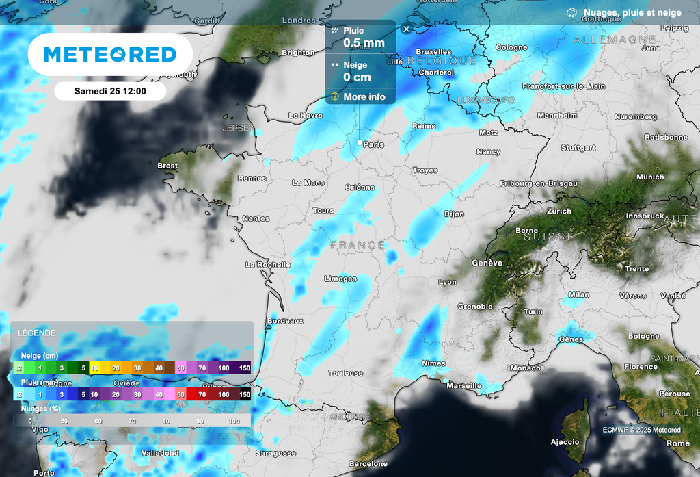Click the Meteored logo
click(x=110, y=54)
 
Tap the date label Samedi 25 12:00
click(x=110, y=91)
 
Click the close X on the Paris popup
click(x=407, y=29)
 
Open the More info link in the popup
click(x=364, y=96)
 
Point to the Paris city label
click(x=374, y=144)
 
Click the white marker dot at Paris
click(x=360, y=142)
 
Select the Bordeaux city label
click(x=285, y=320)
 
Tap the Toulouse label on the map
click(x=346, y=373)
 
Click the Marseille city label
click(x=464, y=386)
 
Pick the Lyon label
click(x=448, y=282)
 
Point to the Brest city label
click(x=167, y=166)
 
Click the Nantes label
click(x=256, y=218)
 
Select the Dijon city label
click(x=454, y=214)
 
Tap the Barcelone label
click(x=368, y=463)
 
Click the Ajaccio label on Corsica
click(x=565, y=442)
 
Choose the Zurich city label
click(x=558, y=211)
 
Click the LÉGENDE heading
click(x=37, y=333)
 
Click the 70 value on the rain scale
click(x=203, y=394)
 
